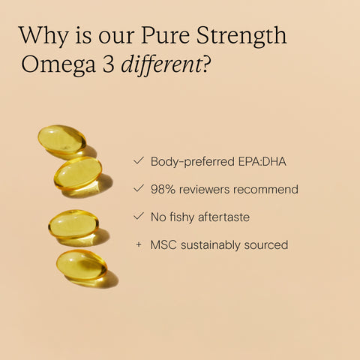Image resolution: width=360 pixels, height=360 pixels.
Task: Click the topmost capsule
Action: pos(61,139)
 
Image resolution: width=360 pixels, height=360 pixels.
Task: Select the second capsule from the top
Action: pos(77,172)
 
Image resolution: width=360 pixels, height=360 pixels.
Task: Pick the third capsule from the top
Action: pos(72,224)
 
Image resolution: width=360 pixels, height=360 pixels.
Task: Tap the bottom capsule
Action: pos(81,265)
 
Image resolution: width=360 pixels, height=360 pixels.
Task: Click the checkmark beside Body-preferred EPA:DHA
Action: pos(138,160)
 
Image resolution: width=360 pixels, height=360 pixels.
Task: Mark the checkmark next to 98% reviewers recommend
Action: pos(138,189)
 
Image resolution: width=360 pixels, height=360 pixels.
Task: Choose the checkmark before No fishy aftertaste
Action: pos(138,217)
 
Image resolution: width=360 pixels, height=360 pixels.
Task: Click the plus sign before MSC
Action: pos(139,244)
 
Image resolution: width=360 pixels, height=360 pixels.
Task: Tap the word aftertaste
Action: pos(220,217)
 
